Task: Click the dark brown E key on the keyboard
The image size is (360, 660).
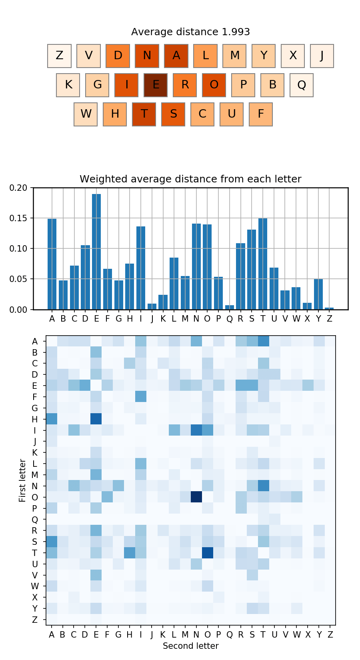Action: pyautogui.click(x=156, y=85)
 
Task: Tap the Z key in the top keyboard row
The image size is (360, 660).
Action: pyautogui.click(x=59, y=56)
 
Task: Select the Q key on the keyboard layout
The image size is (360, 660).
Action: pyautogui.click(x=302, y=85)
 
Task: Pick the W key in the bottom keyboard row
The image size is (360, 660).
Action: pyautogui.click(x=86, y=114)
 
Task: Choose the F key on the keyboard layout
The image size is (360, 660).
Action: pyautogui.click(x=261, y=114)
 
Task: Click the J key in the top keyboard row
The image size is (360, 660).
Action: pyautogui.click(x=322, y=56)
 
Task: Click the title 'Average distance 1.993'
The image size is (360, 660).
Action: pyautogui.click(x=190, y=32)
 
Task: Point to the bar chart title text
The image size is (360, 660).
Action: pyautogui.click(x=190, y=179)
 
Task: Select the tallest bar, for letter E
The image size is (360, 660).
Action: pyautogui.click(x=96, y=252)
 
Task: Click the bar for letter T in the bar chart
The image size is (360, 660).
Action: pyautogui.click(x=263, y=264)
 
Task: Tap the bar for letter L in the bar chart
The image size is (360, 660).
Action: pyautogui.click(x=174, y=284)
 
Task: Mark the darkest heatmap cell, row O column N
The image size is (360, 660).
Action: pyautogui.click(x=196, y=497)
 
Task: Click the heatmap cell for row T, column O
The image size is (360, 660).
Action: pyautogui.click(x=207, y=553)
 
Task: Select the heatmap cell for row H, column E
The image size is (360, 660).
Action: pyautogui.click(x=96, y=419)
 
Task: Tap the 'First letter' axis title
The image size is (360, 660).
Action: pyautogui.click(x=22, y=480)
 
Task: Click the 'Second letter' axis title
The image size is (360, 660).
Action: pyautogui.click(x=190, y=646)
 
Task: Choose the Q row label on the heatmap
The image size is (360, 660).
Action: pyautogui.click(x=35, y=520)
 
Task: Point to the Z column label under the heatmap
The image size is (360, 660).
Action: pyautogui.click(x=330, y=634)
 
